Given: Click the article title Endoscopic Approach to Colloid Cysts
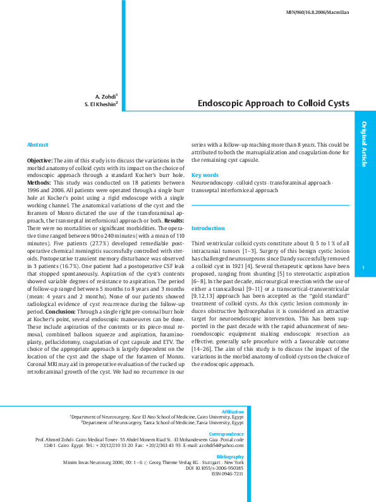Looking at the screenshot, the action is [x=273, y=102].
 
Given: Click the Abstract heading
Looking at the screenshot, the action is [x=37, y=145].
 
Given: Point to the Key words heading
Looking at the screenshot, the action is [x=205, y=174].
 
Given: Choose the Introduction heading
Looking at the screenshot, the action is [x=207, y=228].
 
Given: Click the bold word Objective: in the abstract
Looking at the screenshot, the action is [x=39, y=161].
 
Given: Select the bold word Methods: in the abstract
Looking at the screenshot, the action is [x=39, y=181].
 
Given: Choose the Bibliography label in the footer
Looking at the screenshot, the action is [x=229, y=456].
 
